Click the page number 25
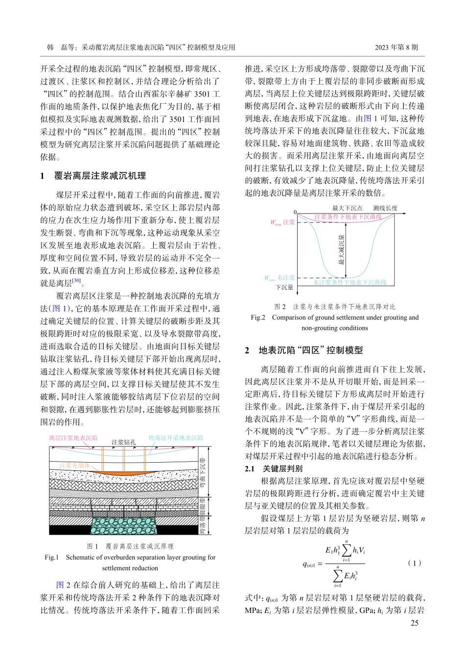tap(414, 623)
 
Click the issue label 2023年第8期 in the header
tap(396, 47)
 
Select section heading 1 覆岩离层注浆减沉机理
tap(93, 176)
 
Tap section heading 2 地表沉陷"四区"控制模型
tap(304, 350)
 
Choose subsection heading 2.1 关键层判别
tap(274, 469)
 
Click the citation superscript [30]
tap(76, 281)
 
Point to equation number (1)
tap(414, 563)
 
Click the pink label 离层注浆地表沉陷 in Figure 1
tap(73, 438)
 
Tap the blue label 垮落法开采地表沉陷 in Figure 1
tap(176, 438)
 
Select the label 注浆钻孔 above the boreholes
tap(123, 442)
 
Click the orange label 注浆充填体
tap(74, 465)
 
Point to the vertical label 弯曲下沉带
tap(202, 473)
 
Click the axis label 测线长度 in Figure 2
tap(385, 208)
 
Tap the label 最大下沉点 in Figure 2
tap(348, 208)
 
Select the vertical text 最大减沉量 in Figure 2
tap(341, 250)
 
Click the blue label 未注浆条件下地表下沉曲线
tap(349, 282)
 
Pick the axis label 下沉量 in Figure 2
tap(284, 287)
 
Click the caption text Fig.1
tap(51, 557)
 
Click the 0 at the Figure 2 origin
tap(295, 212)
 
